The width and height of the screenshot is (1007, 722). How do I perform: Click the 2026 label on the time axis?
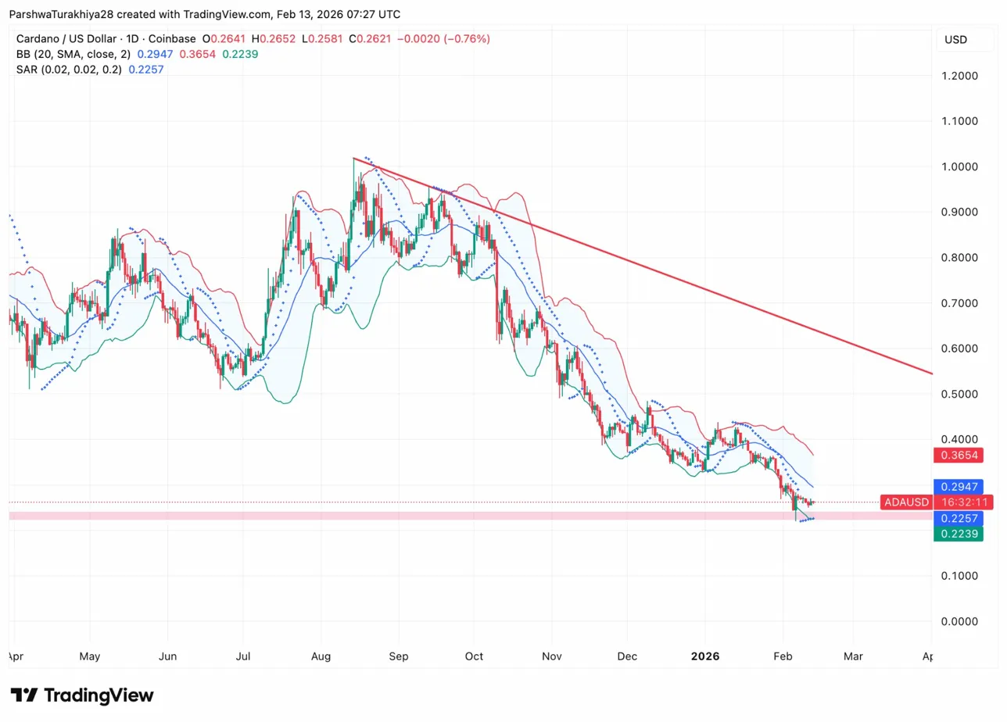tap(705, 656)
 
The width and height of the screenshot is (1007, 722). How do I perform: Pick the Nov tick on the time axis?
tap(552, 656)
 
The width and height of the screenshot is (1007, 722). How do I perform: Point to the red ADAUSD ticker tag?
tap(905, 502)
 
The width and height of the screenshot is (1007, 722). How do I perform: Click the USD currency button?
tap(955, 40)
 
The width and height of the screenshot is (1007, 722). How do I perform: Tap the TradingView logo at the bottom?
tap(82, 695)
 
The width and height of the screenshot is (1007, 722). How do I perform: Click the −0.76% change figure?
tap(467, 39)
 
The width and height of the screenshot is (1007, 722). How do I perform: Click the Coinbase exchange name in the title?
tap(172, 39)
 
